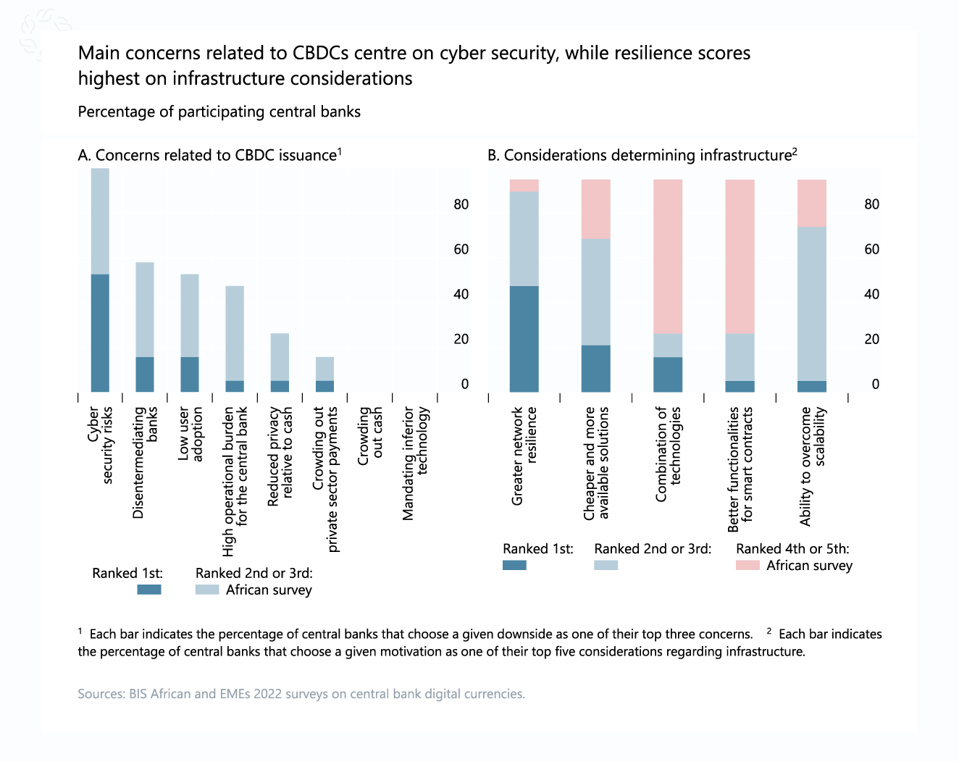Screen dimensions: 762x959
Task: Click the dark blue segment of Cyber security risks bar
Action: click(100, 332)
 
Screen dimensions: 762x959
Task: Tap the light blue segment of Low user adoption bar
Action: click(190, 315)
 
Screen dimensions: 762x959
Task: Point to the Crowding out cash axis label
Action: click(370, 435)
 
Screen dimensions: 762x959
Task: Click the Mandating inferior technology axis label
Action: click(416, 463)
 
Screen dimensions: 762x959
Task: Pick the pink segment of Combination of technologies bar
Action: click(667, 256)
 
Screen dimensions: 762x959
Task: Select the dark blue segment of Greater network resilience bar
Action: click(524, 338)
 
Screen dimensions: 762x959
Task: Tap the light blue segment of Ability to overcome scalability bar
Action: click(811, 303)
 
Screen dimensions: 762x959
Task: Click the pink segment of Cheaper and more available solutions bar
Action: click(595, 209)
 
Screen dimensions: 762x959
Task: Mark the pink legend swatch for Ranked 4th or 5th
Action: click(747, 565)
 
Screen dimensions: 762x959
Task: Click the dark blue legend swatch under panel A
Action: click(149, 590)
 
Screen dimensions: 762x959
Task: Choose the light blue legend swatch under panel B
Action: click(606, 565)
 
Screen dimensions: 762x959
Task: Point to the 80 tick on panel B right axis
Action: click(871, 204)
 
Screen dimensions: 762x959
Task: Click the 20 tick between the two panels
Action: click(461, 339)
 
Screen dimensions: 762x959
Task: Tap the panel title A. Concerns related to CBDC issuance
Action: click(209, 155)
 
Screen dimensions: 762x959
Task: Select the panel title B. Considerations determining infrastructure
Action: click(642, 155)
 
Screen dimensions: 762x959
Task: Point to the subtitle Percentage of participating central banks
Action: click(219, 112)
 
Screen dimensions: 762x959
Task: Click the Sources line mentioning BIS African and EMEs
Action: click(301, 694)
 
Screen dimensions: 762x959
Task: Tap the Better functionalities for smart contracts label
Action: click(740, 469)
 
